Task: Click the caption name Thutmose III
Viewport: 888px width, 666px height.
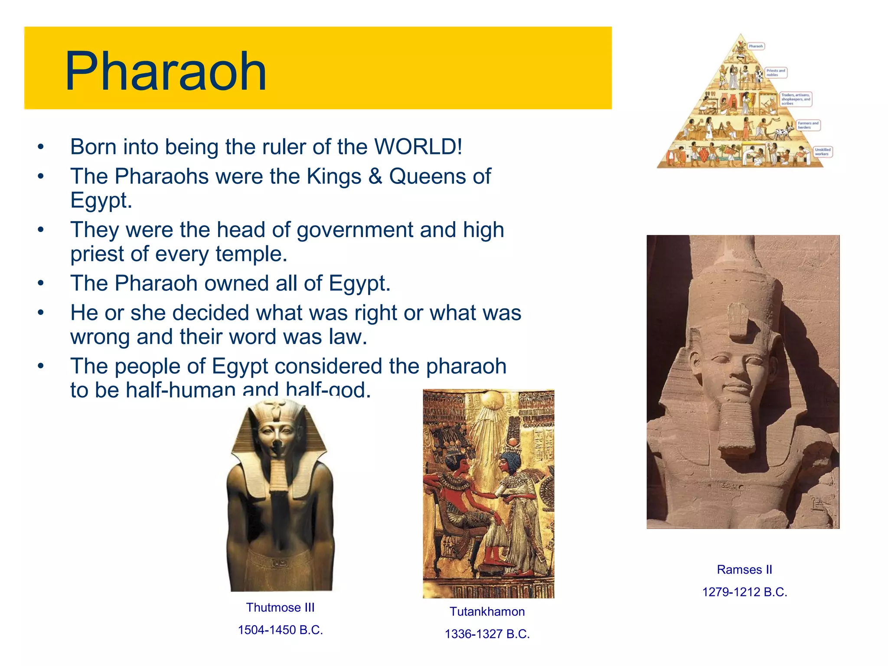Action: click(280, 607)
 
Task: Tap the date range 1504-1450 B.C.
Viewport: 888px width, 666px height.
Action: click(280, 630)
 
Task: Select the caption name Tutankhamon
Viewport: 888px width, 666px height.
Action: click(487, 612)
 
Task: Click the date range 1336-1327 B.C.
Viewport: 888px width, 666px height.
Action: click(487, 634)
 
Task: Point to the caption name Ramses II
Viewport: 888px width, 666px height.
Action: click(744, 570)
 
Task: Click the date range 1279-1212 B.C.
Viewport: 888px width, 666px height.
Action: click(744, 592)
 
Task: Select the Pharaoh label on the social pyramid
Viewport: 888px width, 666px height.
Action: click(756, 46)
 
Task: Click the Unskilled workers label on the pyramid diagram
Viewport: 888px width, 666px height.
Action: click(822, 152)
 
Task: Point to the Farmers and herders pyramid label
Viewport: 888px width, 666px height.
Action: click(808, 125)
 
